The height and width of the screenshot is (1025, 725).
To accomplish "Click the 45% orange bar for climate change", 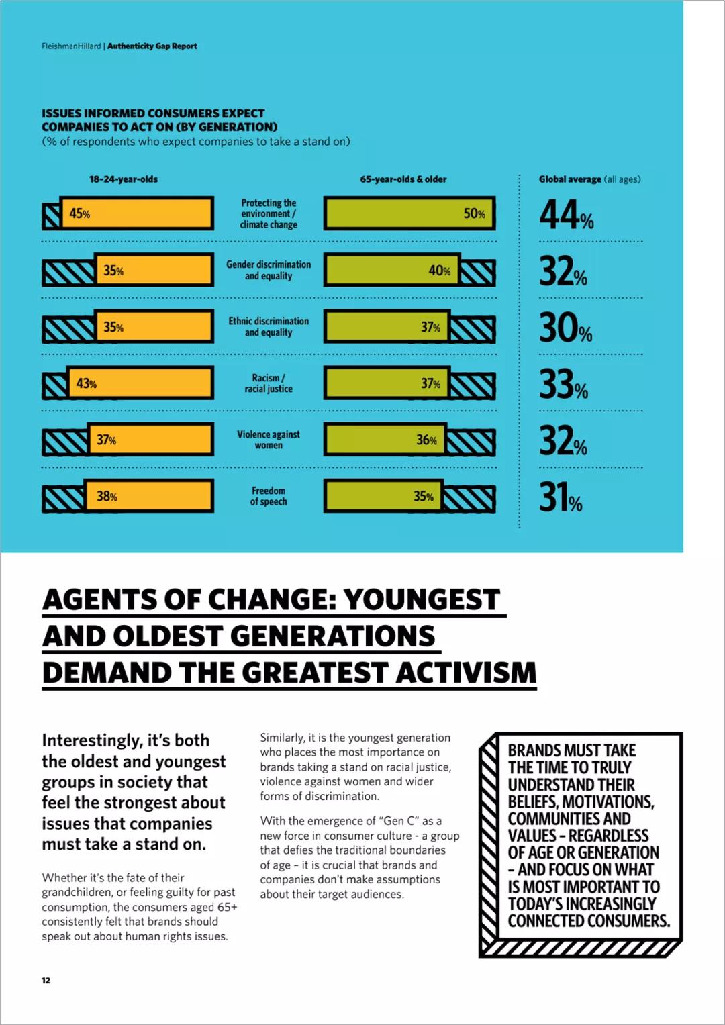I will pyautogui.click(x=137, y=213).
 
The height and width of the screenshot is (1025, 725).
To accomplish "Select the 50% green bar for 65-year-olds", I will pyautogui.click(x=409, y=213).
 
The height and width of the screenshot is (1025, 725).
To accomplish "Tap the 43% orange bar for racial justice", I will pyautogui.click(x=140, y=383).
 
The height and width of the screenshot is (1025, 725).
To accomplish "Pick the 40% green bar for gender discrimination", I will pyautogui.click(x=392, y=270).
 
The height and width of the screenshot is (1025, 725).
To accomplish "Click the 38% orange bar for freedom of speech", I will pyautogui.click(x=149, y=497).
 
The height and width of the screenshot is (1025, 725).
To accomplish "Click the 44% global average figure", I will pyautogui.click(x=567, y=215).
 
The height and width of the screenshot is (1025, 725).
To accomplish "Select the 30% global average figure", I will pyautogui.click(x=566, y=328).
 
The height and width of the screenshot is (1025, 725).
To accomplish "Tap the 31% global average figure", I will pyautogui.click(x=561, y=498).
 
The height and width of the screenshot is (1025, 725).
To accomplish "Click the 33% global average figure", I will pyautogui.click(x=564, y=385).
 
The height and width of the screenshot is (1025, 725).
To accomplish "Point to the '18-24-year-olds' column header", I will pyautogui.click(x=124, y=179).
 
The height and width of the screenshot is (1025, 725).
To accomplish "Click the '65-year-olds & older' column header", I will pyautogui.click(x=403, y=179).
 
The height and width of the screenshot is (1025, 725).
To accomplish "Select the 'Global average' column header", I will pyautogui.click(x=589, y=179).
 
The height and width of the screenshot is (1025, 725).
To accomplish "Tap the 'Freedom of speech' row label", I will pyautogui.click(x=269, y=497).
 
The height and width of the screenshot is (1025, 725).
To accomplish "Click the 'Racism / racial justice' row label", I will pyautogui.click(x=269, y=383).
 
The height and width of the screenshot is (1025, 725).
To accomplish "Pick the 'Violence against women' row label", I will pyautogui.click(x=269, y=440).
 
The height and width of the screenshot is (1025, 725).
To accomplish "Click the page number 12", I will pyautogui.click(x=46, y=980).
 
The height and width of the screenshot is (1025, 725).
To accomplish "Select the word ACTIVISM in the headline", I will pyautogui.click(x=466, y=673).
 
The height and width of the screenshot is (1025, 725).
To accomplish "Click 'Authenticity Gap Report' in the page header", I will pyautogui.click(x=152, y=46).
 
